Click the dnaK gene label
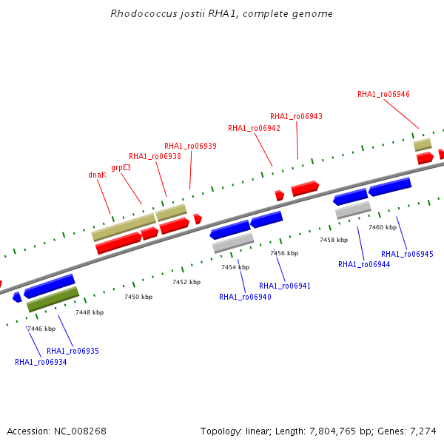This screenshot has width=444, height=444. pos(98,175)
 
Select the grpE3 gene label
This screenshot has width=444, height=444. pos(121,168)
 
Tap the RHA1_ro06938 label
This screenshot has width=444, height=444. pos(155,156)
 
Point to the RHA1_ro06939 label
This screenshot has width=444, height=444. pos(190,146)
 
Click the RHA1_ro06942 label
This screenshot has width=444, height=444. pos(254,128)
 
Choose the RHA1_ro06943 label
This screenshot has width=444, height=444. pos(296,116)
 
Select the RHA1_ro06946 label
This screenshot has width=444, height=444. pos(383,94)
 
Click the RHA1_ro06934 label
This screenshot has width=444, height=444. pos(41,362)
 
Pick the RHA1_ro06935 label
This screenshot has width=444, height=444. pos(73,351)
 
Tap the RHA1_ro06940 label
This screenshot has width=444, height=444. pos(245,297)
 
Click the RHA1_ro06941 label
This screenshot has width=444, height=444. pos(285,286)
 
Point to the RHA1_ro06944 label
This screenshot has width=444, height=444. pos(364,264)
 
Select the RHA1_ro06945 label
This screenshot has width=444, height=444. pos(407,254)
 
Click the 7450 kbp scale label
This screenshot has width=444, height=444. pos(138,297)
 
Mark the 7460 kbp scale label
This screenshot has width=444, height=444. pos(383,227)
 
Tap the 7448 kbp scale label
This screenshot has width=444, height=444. pos(90,312)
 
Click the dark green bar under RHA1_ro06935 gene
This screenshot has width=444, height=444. pos(53,299)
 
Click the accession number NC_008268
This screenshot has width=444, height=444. pos(80,431)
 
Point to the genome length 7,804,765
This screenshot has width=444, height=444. pos(332,431)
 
